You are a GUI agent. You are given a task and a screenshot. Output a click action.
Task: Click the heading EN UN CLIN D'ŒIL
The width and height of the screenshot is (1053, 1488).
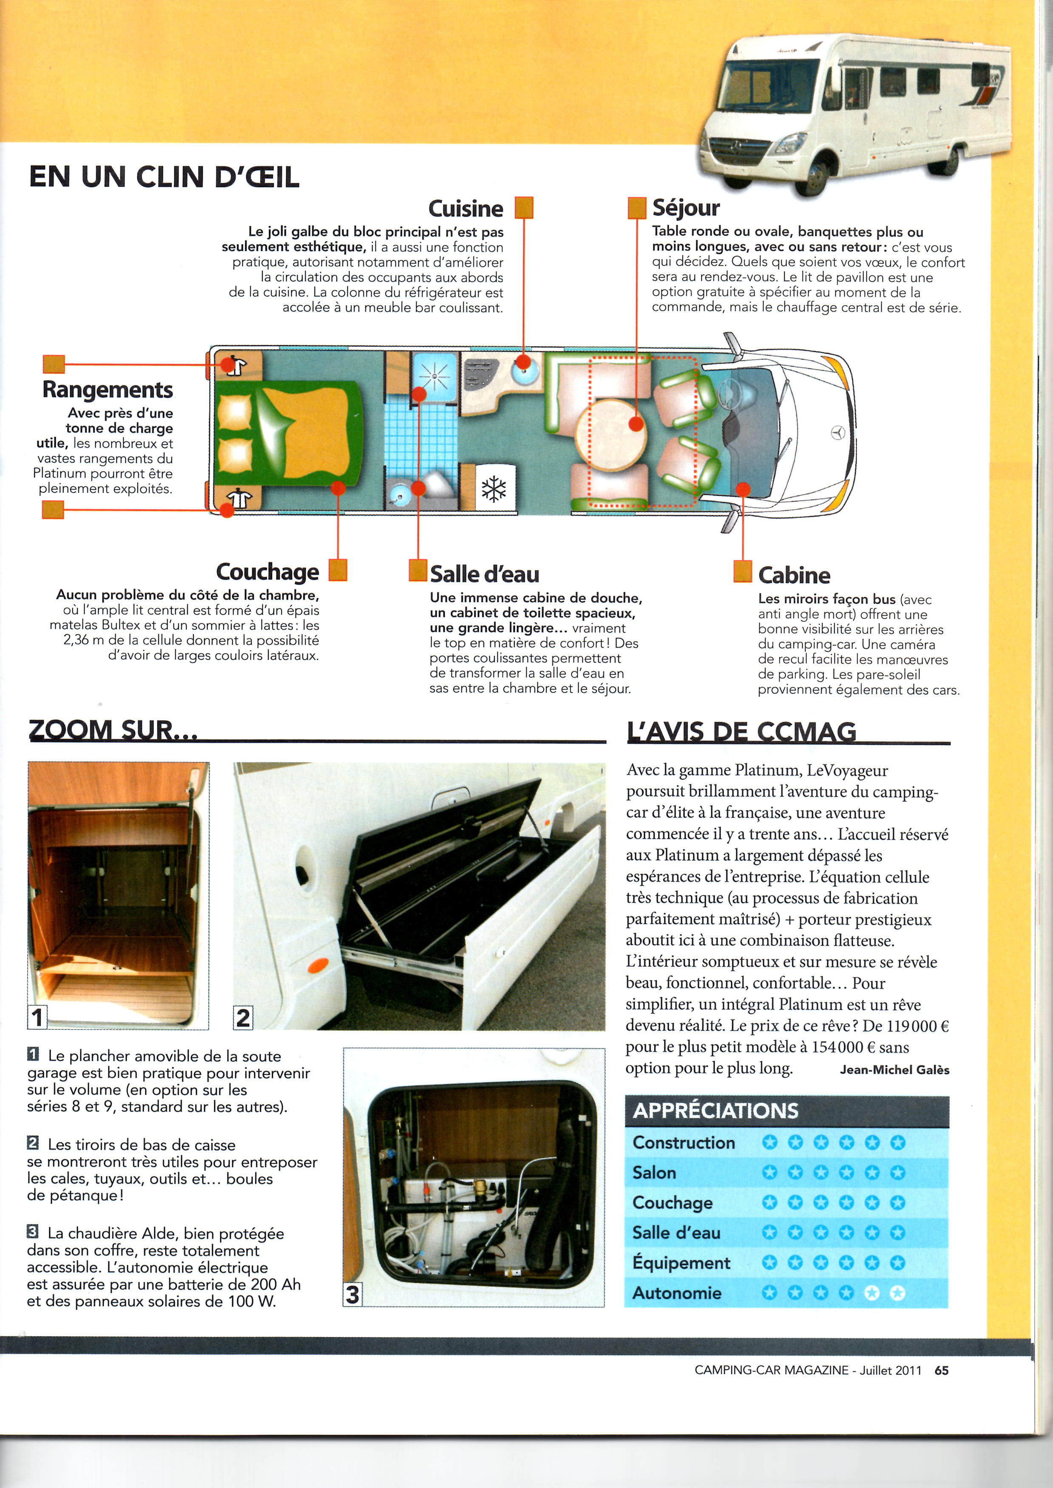click(164, 176)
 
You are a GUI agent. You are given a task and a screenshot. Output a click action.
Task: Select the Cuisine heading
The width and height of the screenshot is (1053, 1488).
click(465, 208)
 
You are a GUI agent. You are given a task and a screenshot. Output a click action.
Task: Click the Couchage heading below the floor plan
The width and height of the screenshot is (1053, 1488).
click(267, 571)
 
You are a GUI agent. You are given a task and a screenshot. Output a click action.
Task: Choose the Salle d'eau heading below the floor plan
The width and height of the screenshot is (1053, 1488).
click(484, 574)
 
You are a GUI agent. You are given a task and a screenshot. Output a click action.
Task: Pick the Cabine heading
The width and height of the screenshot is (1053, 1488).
click(794, 575)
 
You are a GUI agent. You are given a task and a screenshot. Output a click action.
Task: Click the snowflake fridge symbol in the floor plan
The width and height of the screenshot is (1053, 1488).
click(494, 489)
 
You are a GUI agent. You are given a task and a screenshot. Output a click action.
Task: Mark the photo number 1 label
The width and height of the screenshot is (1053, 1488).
click(37, 1017)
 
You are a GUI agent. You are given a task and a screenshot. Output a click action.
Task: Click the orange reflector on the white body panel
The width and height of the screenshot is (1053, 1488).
click(318, 966)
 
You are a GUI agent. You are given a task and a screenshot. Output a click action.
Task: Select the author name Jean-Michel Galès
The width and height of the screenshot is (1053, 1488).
click(894, 1070)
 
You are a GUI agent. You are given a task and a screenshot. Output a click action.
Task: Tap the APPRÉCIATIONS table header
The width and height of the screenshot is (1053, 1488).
click(716, 1110)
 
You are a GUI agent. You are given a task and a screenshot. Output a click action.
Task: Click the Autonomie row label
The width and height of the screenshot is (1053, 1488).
click(676, 1293)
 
